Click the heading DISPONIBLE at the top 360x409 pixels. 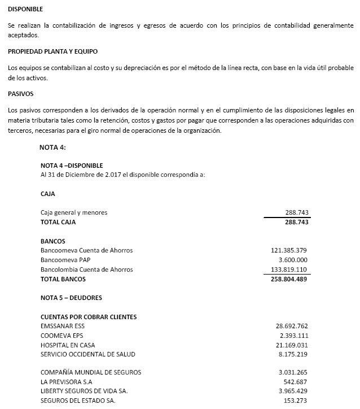click(25, 10)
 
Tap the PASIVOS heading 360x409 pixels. click(21, 93)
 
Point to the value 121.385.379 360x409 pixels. click(288, 250)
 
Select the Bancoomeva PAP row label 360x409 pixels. click(65, 260)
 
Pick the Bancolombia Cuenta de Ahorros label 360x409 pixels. click(87, 269)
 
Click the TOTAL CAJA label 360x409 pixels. click(58, 222)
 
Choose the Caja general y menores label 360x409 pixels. click(74, 212)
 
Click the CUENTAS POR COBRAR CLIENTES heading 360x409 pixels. click(89, 317)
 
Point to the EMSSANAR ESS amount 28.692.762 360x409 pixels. click(291, 327)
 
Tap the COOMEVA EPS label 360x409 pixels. click(62, 336)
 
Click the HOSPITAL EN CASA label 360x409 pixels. click(68, 345)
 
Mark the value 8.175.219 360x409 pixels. click(293, 354)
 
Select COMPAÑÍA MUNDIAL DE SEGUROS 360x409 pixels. click(91, 372)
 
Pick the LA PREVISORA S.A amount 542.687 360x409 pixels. click(295, 381)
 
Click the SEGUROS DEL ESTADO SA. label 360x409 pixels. click(78, 401)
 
